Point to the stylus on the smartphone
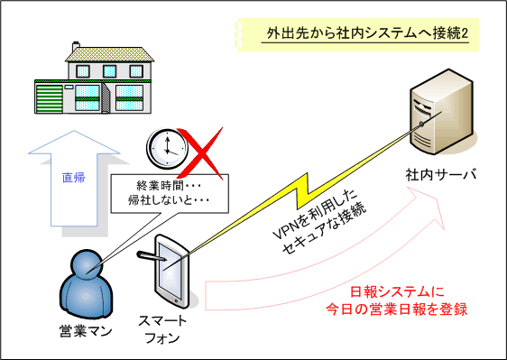pyautogui.click(x=154, y=259)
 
